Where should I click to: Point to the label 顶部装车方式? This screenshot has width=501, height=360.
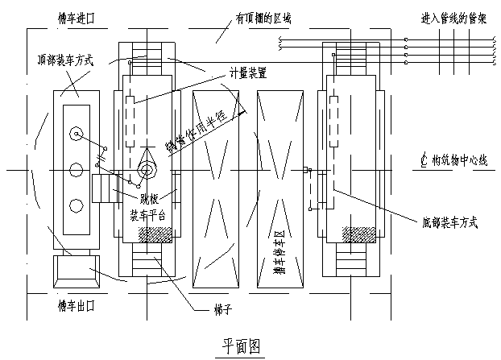pos(67,59)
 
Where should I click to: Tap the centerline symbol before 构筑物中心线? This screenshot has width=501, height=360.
pos(424,159)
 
